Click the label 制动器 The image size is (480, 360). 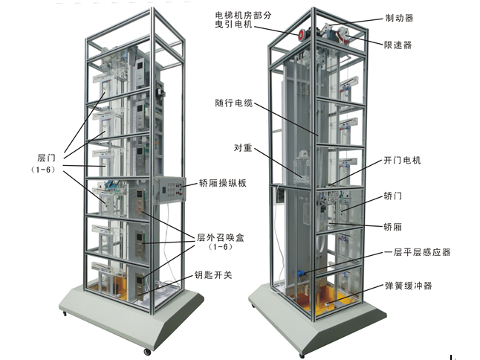coord(399,18)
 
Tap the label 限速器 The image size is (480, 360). coord(398,45)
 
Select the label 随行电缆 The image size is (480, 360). coord(234,103)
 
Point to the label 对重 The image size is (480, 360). coord(243,148)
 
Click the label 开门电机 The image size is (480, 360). coord(403,160)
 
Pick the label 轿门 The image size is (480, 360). coord(393,196)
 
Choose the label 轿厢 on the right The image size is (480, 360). coord(393,227)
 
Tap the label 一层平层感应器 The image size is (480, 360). coord(418,252)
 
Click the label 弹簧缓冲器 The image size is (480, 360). coord(409,286)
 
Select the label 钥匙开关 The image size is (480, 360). coord(213,274)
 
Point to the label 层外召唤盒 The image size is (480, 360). coord(221,237)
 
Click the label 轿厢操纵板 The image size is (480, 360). coord(223,183)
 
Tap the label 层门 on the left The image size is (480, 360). coord(47,158)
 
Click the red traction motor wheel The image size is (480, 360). coord(302,34)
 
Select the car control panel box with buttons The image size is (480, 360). coord(170,190)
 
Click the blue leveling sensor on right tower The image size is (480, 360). coord(300,273)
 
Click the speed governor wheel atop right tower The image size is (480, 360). coord(344,35)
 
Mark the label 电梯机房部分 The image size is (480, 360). coord(243,16)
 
